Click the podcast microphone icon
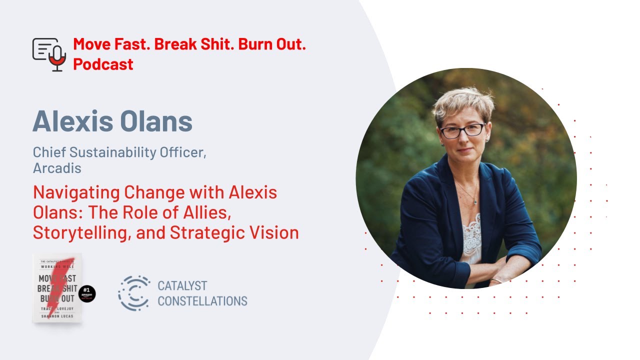49,54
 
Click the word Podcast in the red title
103,64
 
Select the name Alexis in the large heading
73,121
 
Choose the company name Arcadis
57,168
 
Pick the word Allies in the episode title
203,212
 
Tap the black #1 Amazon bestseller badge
87,294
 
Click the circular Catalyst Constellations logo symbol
133,293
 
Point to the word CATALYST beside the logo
182,286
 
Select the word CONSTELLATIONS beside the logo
202,301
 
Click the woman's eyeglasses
462,130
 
